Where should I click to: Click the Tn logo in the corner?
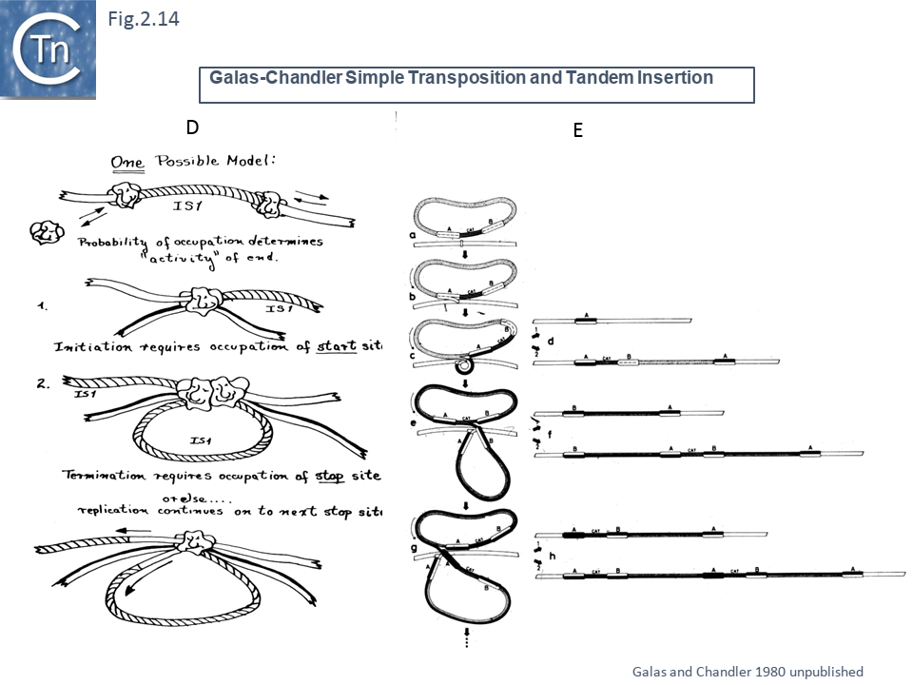tap(48, 49)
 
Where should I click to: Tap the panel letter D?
tap(192, 127)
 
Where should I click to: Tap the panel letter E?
tap(577, 131)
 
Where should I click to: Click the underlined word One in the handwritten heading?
tap(126, 162)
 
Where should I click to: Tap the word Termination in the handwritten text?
tap(105, 475)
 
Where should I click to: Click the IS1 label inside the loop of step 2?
tap(201, 440)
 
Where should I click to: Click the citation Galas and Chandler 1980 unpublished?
tap(748, 670)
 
